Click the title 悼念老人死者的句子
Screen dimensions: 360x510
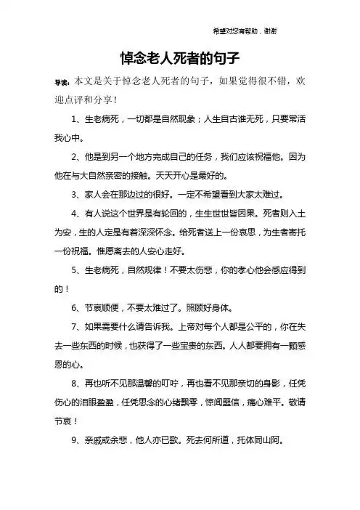click(179, 55)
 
